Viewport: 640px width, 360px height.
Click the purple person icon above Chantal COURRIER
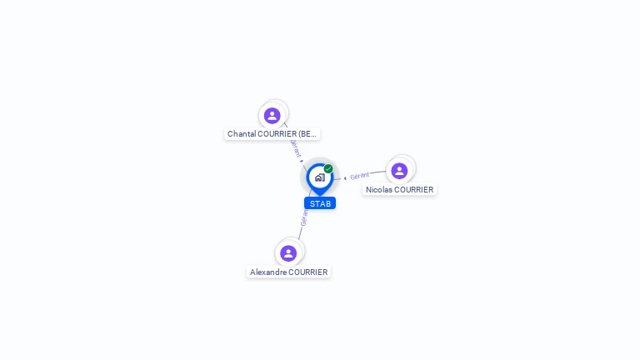click(x=272, y=116)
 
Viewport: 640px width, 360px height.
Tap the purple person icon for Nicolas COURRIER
click(x=399, y=171)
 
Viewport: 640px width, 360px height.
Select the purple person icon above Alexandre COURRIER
click(x=288, y=253)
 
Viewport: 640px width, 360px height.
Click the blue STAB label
click(x=320, y=203)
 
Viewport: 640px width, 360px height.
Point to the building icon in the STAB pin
click(x=319, y=177)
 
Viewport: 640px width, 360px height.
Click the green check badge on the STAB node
click(x=328, y=169)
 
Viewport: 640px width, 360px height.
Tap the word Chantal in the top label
click(x=241, y=134)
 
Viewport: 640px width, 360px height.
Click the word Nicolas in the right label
click(x=379, y=190)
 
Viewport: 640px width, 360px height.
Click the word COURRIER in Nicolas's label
click(x=414, y=190)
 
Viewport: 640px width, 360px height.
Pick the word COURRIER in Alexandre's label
click(x=308, y=272)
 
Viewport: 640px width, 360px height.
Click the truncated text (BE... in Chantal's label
click(x=307, y=134)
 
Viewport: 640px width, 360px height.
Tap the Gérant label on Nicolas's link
click(x=360, y=176)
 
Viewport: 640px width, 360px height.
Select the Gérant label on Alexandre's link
click(x=304, y=218)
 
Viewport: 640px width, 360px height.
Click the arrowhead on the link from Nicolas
click(x=345, y=177)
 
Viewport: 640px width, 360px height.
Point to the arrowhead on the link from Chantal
click(x=302, y=160)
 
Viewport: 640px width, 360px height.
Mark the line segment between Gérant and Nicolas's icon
click(x=379, y=173)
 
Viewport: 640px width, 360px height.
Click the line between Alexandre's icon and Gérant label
click(x=300, y=234)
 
